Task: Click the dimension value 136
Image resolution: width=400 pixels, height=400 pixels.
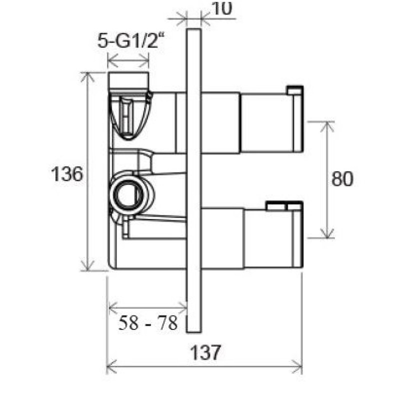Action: tap(67, 173)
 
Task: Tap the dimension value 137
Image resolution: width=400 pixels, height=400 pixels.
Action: tap(205, 352)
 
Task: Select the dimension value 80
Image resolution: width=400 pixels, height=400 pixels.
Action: tap(342, 178)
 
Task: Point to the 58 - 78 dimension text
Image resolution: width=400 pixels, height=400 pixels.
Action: tap(148, 322)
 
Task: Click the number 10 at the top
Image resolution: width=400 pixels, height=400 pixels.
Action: tap(222, 9)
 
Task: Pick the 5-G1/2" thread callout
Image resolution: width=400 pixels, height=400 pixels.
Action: tap(130, 41)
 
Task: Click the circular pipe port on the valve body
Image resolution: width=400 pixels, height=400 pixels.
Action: tap(127, 194)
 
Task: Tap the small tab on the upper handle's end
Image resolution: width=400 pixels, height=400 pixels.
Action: tap(295, 90)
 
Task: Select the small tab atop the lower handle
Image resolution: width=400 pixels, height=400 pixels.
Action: tap(284, 206)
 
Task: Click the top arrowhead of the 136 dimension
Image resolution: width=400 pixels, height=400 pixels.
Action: tap(87, 76)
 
